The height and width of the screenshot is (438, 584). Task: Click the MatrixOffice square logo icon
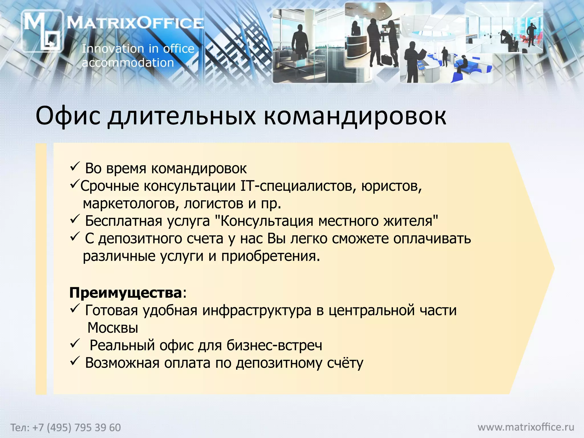[42, 31]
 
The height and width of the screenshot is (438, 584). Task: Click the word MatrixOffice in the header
[135, 23]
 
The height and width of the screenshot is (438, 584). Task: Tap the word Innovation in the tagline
[110, 49]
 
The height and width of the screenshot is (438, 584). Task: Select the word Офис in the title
[68, 116]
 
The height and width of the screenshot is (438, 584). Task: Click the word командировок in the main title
[355, 116]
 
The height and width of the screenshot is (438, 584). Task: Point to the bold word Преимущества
[125, 293]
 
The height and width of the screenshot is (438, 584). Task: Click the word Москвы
[113, 328]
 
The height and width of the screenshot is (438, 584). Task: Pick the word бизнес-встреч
[274, 346]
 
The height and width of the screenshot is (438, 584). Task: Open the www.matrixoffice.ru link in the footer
[526, 427]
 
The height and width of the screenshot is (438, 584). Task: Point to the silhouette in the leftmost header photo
[299, 43]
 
